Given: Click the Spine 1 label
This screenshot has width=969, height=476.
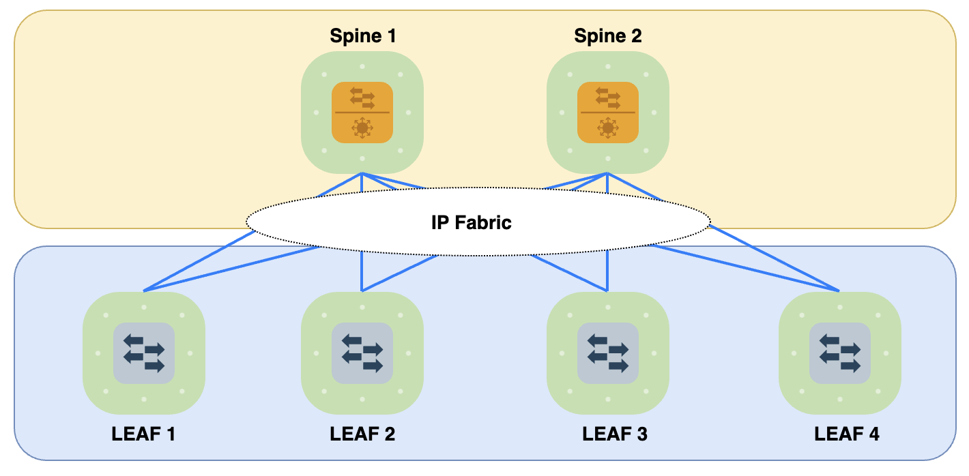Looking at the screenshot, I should click(x=362, y=36).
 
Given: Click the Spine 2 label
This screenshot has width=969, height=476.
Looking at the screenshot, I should click(x=607, y=36).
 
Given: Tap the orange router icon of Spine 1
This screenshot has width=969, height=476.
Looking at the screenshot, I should click(x=362, y=112).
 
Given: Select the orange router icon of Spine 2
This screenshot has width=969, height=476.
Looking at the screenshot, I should click(x=607, y=112).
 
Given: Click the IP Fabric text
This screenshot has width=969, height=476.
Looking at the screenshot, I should click(x=471, y=222).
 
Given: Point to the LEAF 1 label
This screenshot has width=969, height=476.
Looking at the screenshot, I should click(x=143, y=434).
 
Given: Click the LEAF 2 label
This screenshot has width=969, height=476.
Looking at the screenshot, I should click(x=362, y=434).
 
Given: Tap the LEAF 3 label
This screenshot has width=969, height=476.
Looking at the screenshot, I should click(x=614, y=434).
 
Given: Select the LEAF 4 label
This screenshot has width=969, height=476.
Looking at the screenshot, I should click(x=846, y=434).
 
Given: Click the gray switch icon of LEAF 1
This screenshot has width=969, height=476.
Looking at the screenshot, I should click(x=143, y=353).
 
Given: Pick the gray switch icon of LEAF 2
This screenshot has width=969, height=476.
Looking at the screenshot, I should click(x=362, y=353).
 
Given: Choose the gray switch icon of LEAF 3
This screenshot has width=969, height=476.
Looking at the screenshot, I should click(x=607, y=353).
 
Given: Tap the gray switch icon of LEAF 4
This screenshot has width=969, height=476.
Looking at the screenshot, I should click(x=839, y=353).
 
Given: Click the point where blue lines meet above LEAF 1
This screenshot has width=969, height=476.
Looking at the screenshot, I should click(x=144, y=291).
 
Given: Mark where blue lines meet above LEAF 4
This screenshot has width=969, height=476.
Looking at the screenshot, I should click(x=839, y=291).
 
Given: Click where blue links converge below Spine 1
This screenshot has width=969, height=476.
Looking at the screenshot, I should click(x=362, y=174).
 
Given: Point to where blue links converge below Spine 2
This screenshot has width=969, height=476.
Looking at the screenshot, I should click(x=607, y=174).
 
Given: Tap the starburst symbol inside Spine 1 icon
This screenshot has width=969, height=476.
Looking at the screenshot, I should click(x=362, y=128).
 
